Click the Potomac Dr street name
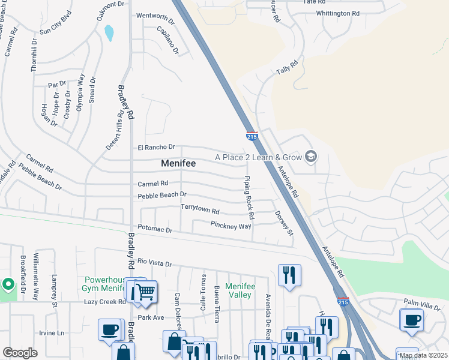pos(155,230)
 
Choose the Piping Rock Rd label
pos(249,197)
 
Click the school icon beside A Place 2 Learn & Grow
pos(310,157)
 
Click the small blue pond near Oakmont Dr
pos(109,33)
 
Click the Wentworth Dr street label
pos(155,16)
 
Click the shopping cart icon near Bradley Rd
pos(144,292)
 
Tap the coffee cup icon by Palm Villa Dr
pos(412,319)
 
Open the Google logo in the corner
pos(20,353)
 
